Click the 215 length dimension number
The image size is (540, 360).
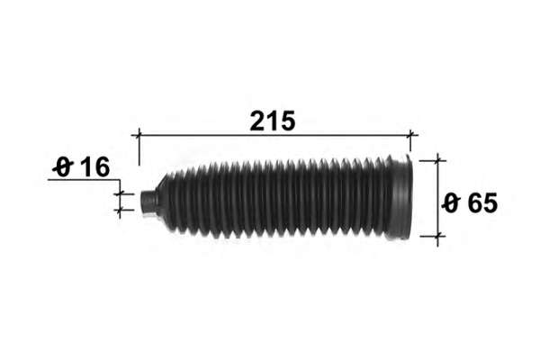click(273, 121)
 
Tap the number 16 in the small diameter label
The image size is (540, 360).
click(95, 167)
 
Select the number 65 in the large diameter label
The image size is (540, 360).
click(482, 202)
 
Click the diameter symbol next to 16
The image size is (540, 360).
click(63, 167)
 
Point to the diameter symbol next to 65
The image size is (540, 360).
click(452, 202)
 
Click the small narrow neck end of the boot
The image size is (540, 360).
click(148, 202)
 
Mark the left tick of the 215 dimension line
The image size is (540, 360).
click(139, 135)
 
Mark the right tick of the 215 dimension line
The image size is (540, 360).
click(410, 135)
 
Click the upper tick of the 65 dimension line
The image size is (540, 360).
click(437, 160)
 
